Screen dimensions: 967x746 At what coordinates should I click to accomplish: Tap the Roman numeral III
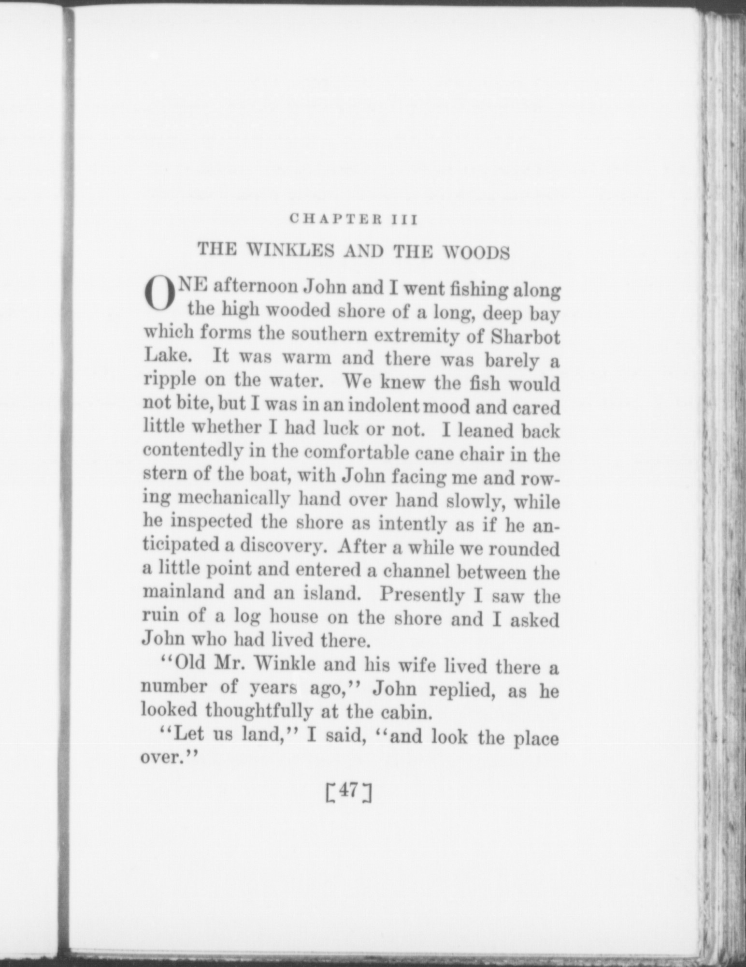[x=404, y=220]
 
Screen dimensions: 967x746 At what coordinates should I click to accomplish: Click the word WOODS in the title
[x=476, y=252]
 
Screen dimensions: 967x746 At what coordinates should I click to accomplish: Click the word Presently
[x=422, y=595]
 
